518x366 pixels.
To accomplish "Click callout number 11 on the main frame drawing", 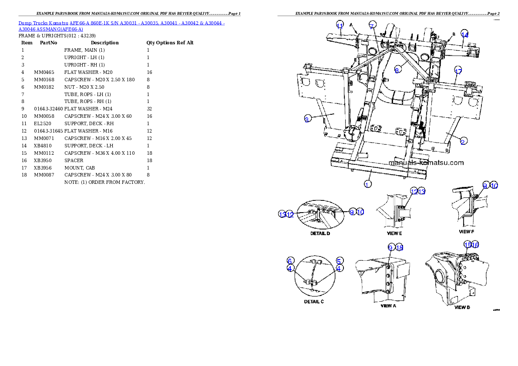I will point(340,26).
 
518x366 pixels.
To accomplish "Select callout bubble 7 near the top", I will point(371,26).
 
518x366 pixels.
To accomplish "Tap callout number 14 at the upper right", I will point(464,35).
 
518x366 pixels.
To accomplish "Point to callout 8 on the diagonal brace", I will point(397,70).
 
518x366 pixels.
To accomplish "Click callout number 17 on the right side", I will point(458,71).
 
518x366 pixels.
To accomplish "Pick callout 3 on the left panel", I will point(307,120).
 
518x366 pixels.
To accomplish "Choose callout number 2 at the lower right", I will point(464,141).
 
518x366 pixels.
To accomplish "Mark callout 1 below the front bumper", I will point(368,184).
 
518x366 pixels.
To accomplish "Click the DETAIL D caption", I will point(320,233).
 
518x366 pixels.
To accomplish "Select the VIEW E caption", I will point(394,233).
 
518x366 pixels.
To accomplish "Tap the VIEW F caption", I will point(467,232).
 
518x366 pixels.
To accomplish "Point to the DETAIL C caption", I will point(314,301).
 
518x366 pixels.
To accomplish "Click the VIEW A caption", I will point(388,306).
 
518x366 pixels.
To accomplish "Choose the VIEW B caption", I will point(462,307).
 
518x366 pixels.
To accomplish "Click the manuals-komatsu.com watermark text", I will point(426,163).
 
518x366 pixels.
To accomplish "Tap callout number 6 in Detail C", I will point(290,261).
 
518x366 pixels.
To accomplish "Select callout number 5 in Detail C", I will point(340,261).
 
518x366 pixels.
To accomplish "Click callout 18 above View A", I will point(399,247).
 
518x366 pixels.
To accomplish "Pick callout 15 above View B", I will point(467,245).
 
